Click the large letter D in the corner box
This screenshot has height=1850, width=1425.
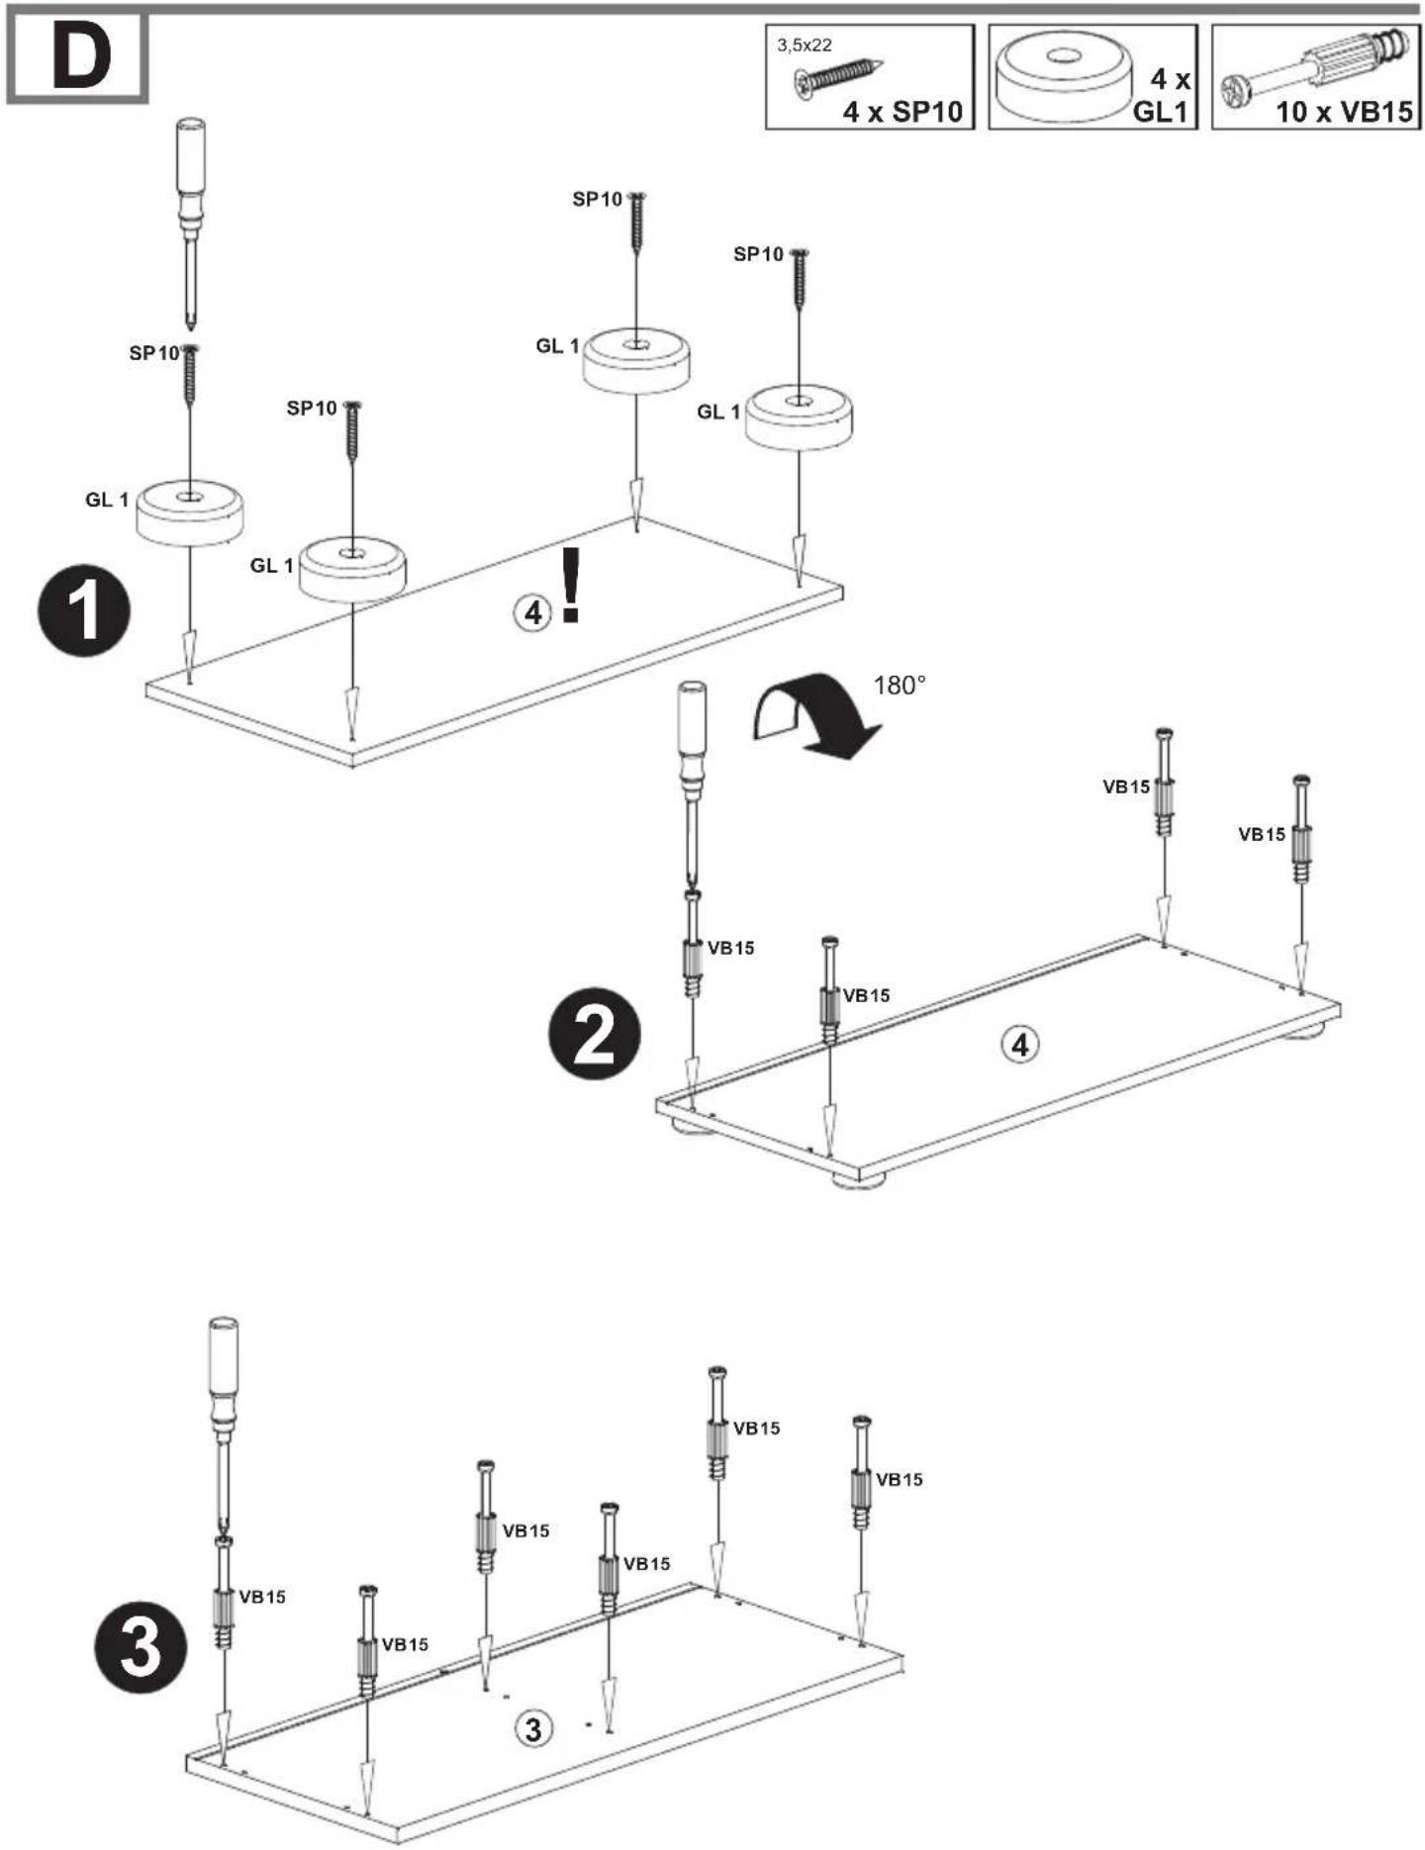coord(81,58)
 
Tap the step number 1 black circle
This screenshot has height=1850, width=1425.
coord(84,610)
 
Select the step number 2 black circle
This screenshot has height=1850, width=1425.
coord(595,1035)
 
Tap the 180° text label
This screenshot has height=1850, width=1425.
coord(900,685)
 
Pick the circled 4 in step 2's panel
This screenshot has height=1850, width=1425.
coord(1021,1044)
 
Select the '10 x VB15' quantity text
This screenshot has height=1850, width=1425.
coord(1344,112)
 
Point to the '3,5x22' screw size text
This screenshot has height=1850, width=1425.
coord(804,45)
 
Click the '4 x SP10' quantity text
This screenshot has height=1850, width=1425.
coord(902,112)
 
